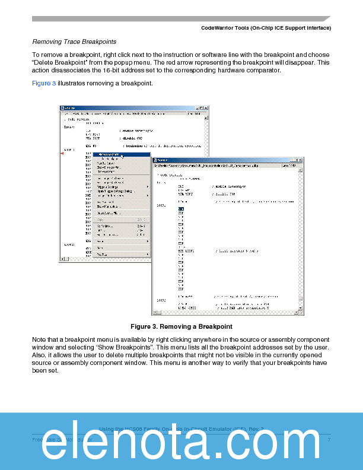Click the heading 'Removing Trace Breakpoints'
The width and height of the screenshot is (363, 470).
[74, 42]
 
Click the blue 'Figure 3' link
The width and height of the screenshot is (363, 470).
[44, 83]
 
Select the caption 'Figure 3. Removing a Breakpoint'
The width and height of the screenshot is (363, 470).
[181, 326]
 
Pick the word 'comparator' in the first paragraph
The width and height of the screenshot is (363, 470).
[264, 70]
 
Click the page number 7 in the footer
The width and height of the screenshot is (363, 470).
[329, 440]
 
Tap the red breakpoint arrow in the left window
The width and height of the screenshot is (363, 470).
[62, 154]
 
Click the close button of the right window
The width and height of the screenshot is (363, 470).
[301, 160]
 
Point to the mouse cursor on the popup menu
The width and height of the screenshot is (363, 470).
[122, 157]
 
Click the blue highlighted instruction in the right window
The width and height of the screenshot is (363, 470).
[181, 209]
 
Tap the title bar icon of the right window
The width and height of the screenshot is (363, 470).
[155, 160]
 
